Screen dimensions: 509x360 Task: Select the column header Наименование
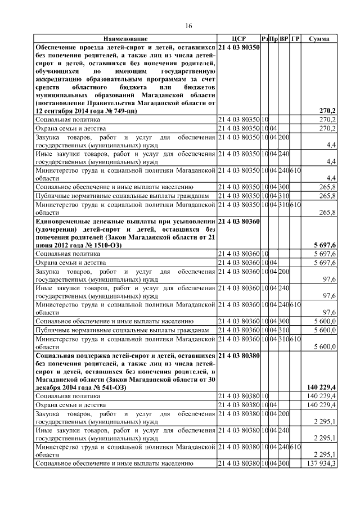point(125,39)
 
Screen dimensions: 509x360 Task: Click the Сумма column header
point(319,39)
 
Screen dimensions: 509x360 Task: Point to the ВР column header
point(285,39)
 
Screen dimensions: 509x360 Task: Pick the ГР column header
point(296,39)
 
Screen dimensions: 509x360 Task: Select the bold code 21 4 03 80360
point(238,222)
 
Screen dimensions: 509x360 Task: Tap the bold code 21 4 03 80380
point(238,356)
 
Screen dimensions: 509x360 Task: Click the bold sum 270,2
point(328,111)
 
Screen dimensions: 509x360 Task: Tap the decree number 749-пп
point(121,111)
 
